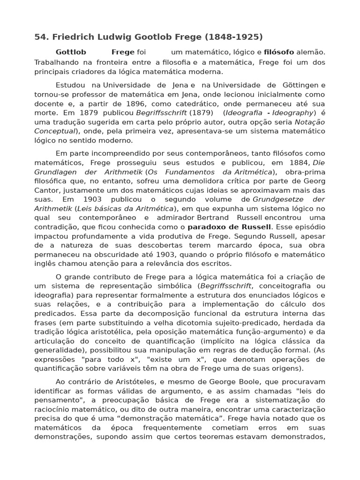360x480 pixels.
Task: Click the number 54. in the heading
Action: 41,37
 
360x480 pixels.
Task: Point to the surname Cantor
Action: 46,191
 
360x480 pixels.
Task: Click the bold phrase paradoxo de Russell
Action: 229,227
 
